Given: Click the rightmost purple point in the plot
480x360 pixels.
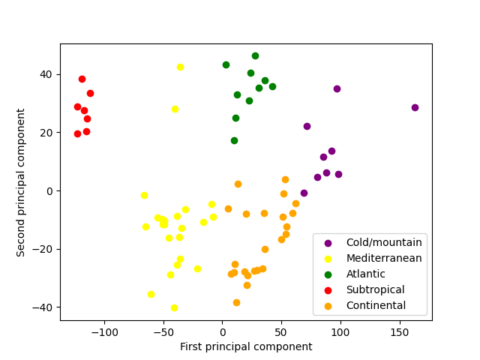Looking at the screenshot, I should (x=415, y=107).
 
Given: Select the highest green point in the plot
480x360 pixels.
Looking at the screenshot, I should (x=255, y=55).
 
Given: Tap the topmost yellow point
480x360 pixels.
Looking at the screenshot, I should (x=180, y=67).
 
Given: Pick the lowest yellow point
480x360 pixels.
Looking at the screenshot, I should (x=174, y=307).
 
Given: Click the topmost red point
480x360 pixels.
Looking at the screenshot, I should (x=82, y=79).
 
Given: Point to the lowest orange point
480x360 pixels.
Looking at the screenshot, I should (x=236, y=302).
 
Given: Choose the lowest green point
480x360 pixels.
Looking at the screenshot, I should (x=234, y=140).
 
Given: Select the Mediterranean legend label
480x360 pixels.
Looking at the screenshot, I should (x=384, y=258).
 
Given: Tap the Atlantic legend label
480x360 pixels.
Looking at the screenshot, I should (x=366, y=274).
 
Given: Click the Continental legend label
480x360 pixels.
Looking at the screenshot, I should (x=376, y=305).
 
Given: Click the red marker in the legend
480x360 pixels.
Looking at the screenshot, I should (x=328, y=289).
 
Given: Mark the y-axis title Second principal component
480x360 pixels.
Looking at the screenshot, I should (x=21, y=182).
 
